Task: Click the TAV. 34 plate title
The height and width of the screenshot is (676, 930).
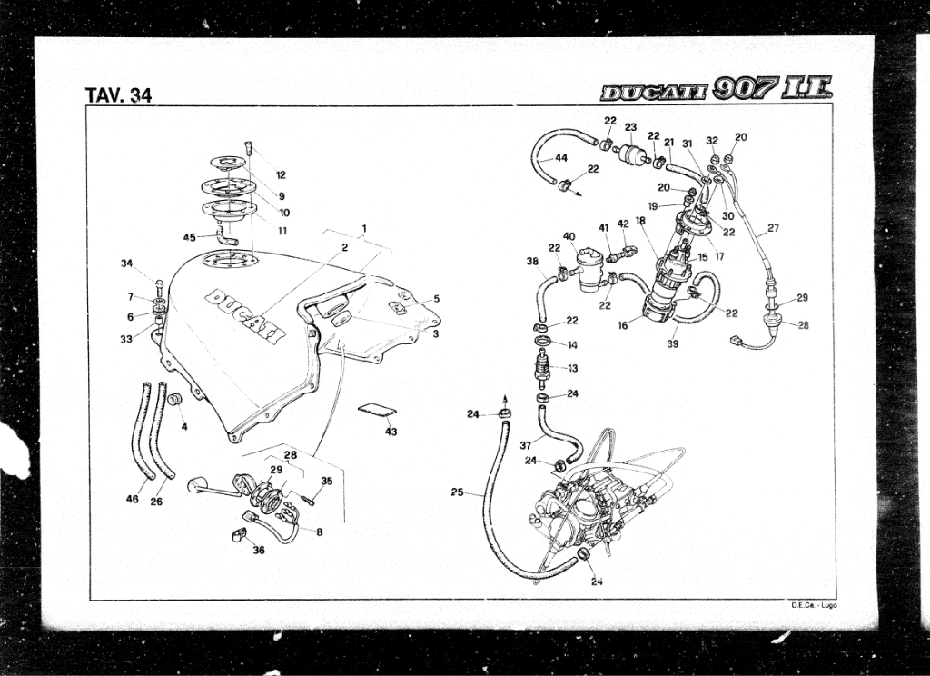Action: click(118, 94)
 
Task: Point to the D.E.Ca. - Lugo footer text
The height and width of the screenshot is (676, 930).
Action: click(814, 604)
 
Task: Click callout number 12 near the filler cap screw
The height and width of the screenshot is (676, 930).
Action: click(281, 174)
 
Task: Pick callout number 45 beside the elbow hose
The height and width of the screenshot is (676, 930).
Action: click(189, 237)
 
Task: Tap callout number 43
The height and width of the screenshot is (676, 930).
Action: click(391, 432)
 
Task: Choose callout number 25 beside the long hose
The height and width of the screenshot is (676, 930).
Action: click(458, 492)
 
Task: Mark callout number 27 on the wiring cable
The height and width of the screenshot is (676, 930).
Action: click(773, 228)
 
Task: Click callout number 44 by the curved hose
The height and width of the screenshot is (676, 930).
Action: click(561, 157)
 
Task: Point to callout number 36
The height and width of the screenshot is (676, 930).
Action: click(258, 550)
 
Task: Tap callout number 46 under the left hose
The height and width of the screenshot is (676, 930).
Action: click(133, 500)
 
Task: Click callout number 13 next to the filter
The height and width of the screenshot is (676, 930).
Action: click(572, 368)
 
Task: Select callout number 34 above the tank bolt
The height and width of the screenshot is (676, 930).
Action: click(126, 263)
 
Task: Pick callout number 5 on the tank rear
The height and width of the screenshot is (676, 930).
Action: click(436, 298)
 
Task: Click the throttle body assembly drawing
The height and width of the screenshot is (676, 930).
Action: click(590, 504)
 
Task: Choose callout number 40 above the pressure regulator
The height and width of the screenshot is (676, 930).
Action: click(569, 237)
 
